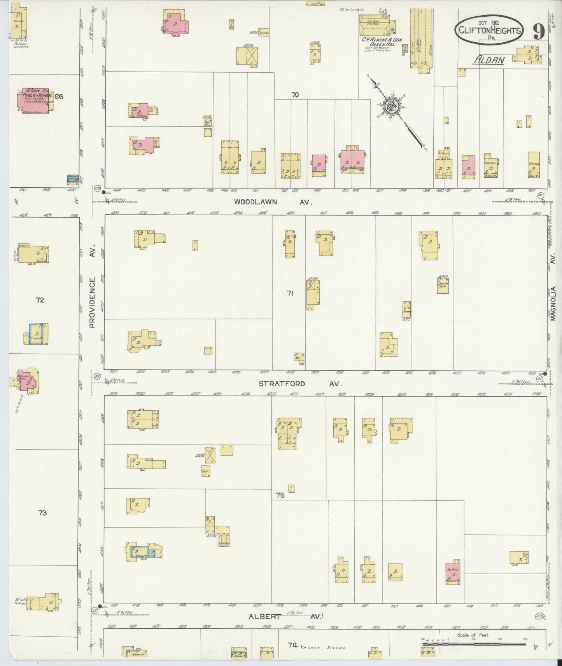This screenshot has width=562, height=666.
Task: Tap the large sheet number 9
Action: [x=538, y=32]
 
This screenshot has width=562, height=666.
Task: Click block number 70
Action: [x=295, y=94]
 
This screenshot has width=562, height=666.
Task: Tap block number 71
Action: [x=290, y=293]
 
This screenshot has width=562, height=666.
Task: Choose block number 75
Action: [x=280, y=495]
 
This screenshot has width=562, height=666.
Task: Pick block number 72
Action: [x=40, y=300]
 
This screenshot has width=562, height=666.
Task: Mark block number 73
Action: [x=42, y=513]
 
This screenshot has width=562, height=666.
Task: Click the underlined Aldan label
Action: [x=489, y=60]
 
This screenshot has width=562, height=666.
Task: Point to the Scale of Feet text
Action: [x=473, y=635]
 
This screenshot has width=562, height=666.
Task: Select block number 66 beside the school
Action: [x=59, y=96]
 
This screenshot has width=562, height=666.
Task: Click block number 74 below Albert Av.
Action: [x=292, y=645]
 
